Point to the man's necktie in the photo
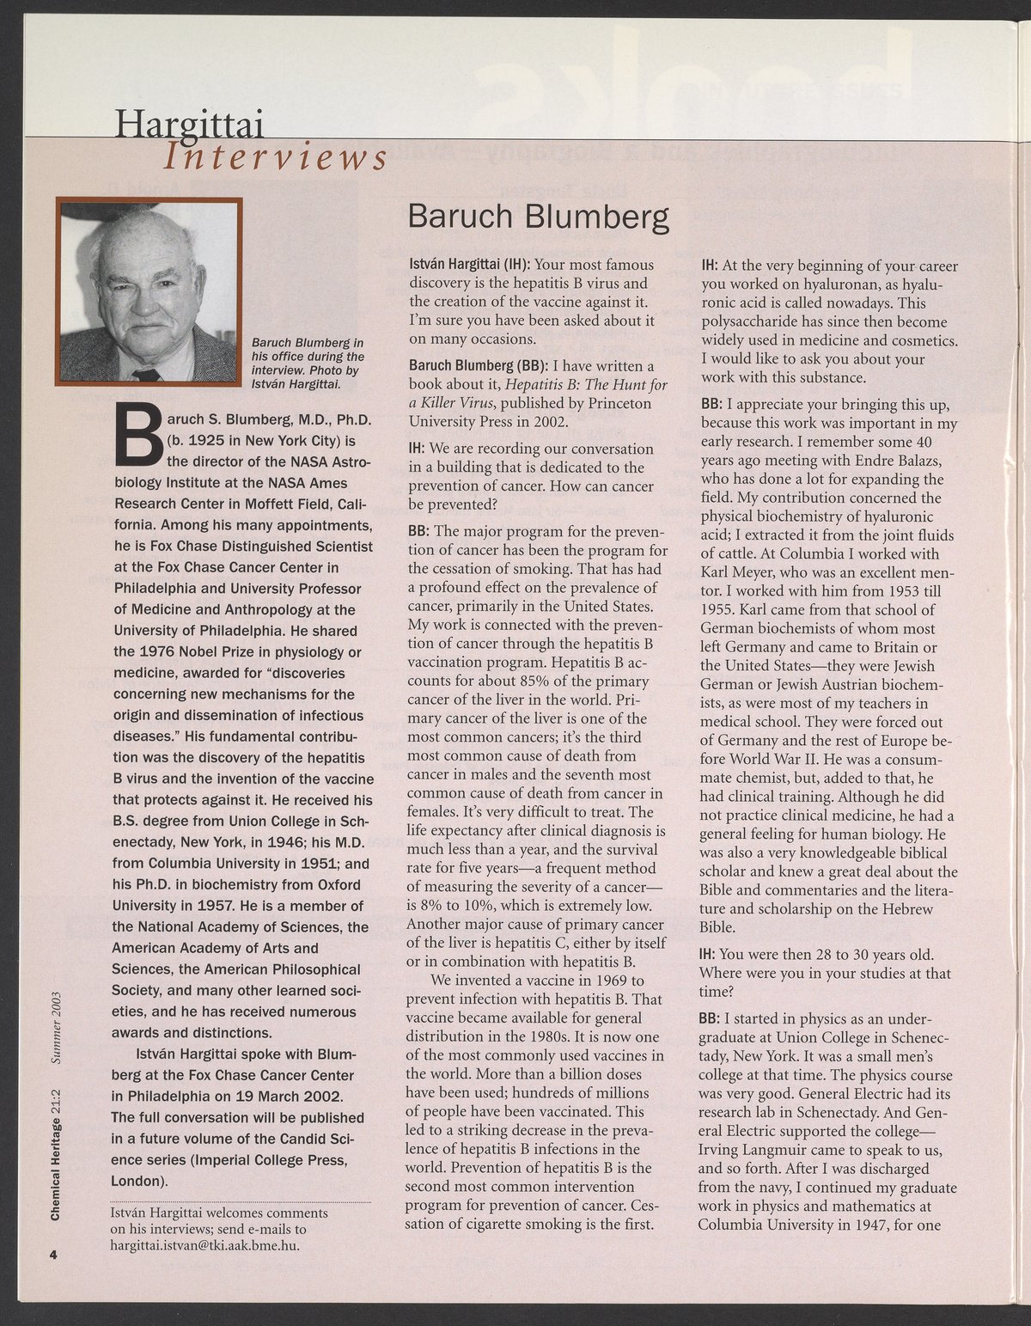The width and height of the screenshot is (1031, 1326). click(x=149, y=374)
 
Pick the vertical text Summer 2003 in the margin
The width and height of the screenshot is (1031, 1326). click(x=55, y=1028)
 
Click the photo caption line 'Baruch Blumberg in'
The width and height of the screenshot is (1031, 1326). click(x=308, y=343)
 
